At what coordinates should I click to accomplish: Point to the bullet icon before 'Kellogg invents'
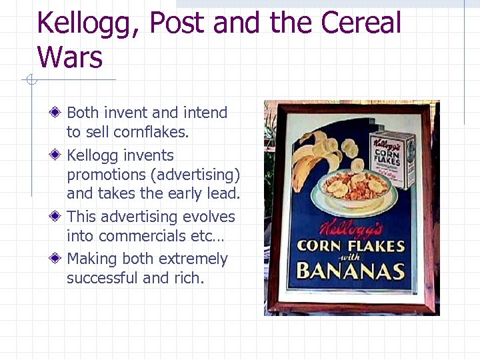click(x=59, y=155)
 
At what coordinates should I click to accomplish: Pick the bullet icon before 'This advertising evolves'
click(x=59, y=217)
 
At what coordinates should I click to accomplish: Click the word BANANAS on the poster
click(x=351, y=271)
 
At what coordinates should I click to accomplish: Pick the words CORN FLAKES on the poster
click(x=351, y=245)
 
